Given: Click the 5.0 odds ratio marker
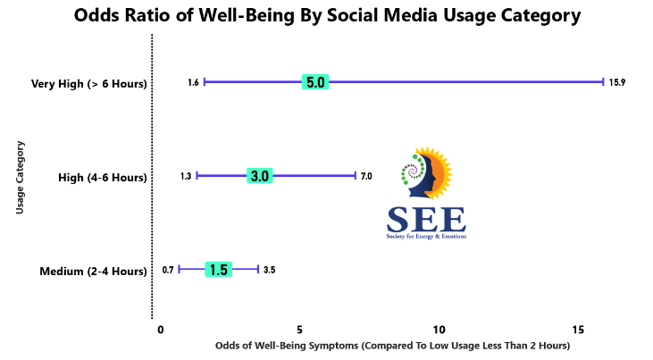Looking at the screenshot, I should (315, 82).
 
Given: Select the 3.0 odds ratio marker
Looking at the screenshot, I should (260, 176).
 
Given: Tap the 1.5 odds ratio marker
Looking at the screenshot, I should (219, 270).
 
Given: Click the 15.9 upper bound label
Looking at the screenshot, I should (617, 82).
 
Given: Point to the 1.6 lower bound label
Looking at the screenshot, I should (193, 82).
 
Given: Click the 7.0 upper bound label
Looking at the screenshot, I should (366, 176).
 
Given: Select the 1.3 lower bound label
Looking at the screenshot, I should (186, 176).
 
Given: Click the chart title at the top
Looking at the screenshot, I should (326, 16).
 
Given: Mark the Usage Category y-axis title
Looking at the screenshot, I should (20, 177).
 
